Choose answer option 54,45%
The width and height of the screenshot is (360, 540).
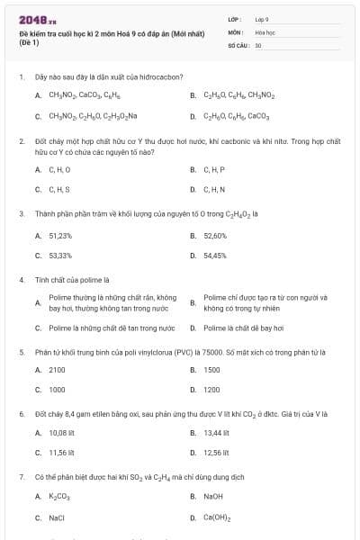pos(215,255)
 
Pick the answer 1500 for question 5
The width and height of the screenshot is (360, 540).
pos(211,370)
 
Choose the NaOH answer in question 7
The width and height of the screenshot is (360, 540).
pos(213,496)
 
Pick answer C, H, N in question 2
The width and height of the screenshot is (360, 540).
pos(213,189)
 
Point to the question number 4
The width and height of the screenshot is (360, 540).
pos(21,279)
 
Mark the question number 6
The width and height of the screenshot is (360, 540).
pos(21,414)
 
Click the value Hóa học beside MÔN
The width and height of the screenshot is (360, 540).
pos(265,31)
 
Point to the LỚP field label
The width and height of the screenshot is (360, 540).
pos(235,19)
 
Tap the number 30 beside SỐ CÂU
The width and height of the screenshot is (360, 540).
pos(258,44)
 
